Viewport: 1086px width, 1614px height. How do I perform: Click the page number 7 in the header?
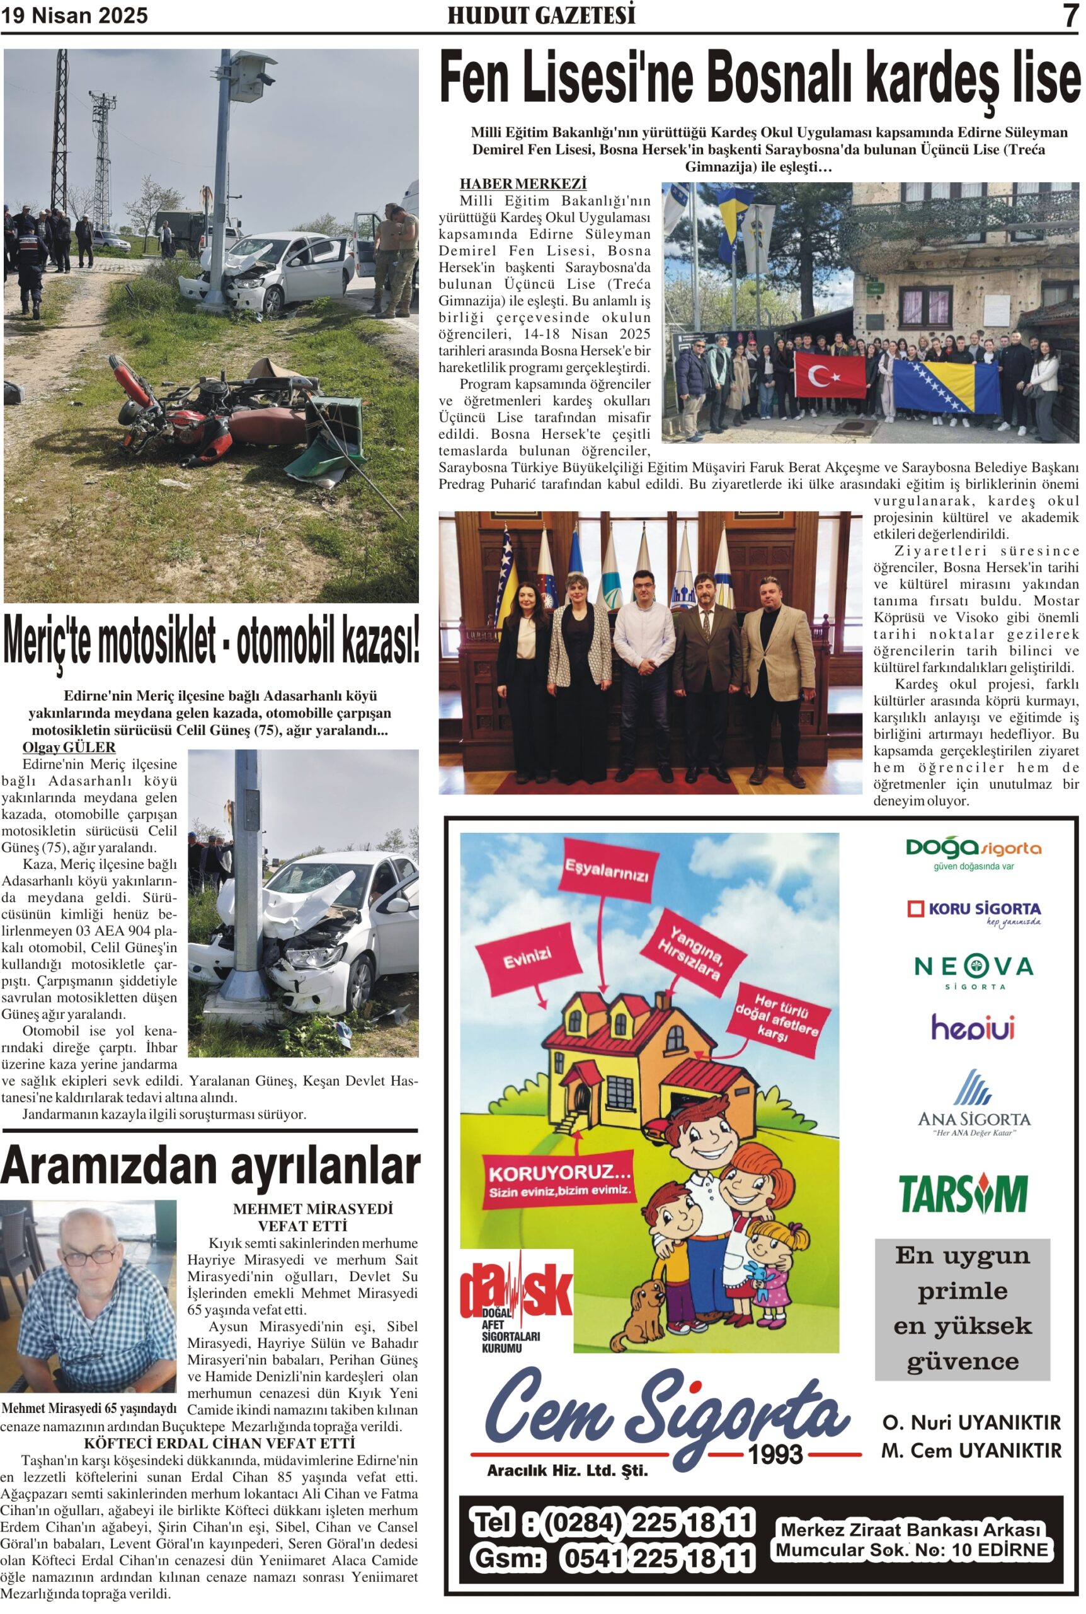pyautogui.click(x=1070, y=15)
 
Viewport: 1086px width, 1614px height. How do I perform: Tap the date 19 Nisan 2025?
pyautogui.click(x=75, y=16)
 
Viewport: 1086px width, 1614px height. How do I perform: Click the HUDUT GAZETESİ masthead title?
pyautogui.click(x=541, y=16)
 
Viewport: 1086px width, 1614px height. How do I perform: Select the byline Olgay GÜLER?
pyautogui.click(x=69, y=747)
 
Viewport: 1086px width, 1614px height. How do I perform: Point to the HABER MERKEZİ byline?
pyautogui.click(x=523, y=183)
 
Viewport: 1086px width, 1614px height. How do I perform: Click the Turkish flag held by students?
pyautogui.click(x=830, y=376)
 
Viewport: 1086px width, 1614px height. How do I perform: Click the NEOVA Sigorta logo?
pyautogui.click(x=974, y=971)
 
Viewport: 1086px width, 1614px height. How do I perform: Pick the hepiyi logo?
pyautogui.click(x=973, y=1027)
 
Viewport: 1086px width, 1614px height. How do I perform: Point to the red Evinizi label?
pyautogui.click(x=527, y=961)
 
